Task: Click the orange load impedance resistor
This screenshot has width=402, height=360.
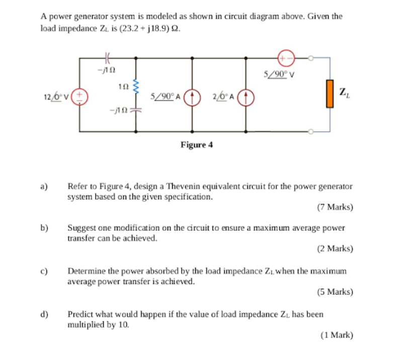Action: coord(330,94)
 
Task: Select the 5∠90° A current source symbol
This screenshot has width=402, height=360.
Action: coord(192,96)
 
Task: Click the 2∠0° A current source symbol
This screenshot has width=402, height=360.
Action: coord(246,96)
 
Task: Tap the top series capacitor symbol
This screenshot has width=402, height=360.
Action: coord(107,58)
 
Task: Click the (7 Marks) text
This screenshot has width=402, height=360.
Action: coord(336,207)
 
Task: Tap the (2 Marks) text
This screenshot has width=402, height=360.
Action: coord(336,248)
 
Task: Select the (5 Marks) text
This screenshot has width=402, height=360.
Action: coord(336,292)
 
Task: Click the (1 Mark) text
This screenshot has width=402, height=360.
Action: coord(337,335)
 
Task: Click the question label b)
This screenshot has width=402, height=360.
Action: coord(44,228)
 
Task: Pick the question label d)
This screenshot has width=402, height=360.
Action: coord(44,315)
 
